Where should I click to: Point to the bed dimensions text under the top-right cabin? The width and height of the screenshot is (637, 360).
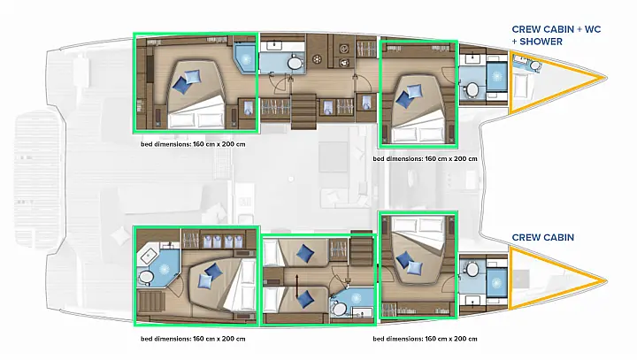coord(426,158)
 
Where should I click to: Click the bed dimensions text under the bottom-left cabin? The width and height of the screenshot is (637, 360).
coord(193,338)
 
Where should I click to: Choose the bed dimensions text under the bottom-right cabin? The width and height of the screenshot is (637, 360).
coord(426,338)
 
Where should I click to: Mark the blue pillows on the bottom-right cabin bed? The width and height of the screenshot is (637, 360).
coord(407,259)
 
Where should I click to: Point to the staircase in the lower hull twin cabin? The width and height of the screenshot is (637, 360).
coord(362,248)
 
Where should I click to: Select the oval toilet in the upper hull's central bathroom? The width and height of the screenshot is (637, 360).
coord(295,62)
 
